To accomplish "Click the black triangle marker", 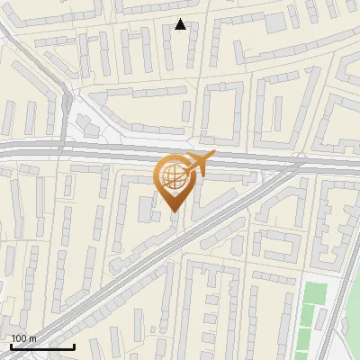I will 181,25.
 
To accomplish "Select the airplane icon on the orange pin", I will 198,164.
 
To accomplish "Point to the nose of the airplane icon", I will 213,155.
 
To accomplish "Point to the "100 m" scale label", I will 23,338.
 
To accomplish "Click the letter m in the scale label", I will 33,338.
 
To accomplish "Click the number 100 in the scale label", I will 19,338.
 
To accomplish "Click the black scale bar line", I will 41,346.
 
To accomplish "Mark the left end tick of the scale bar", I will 10,345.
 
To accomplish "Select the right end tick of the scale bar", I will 74,345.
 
